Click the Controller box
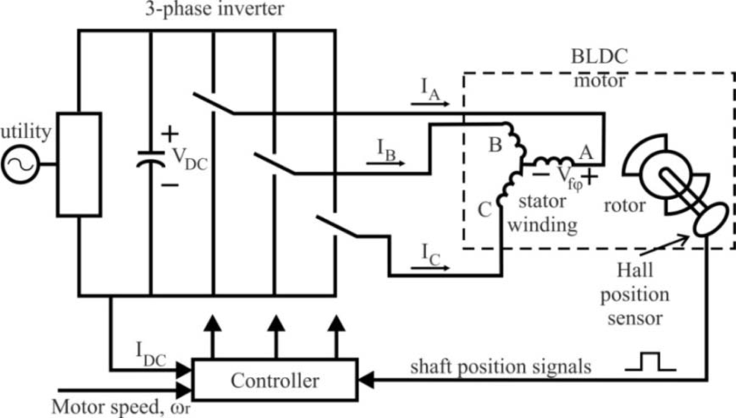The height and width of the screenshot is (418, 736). (x=275, y=380)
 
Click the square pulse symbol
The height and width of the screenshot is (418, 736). (x=650, y=362)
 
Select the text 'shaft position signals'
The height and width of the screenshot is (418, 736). (x=500, y=367)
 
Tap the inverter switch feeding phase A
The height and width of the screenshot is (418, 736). (x=215, y=104)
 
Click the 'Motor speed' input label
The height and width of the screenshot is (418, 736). (x=108, y=406)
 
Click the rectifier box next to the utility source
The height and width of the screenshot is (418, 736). (x=78, y=164)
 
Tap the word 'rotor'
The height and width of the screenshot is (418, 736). (x=624, y=206)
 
